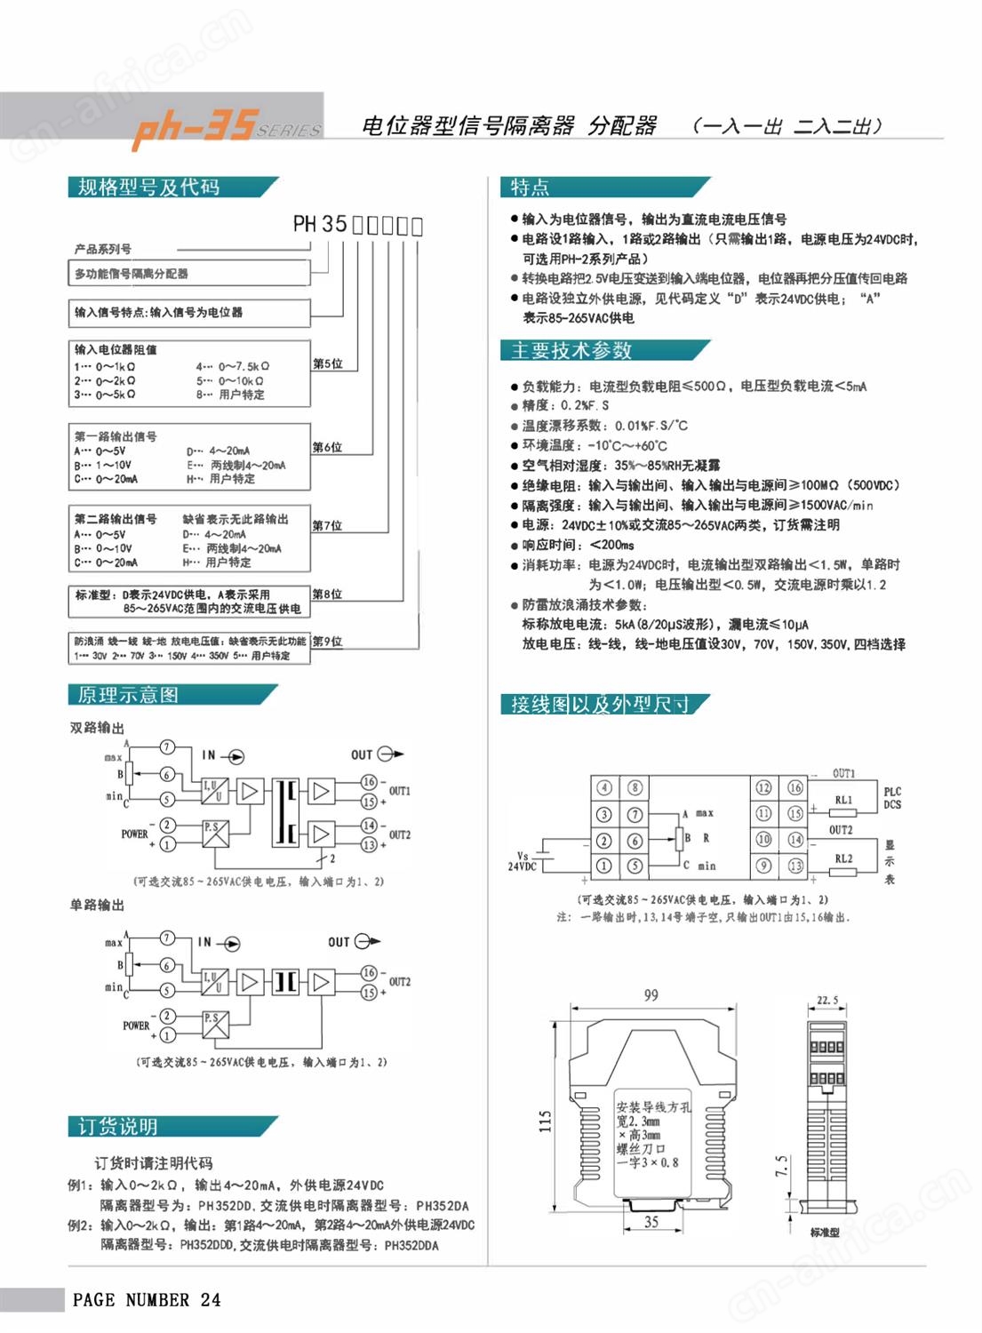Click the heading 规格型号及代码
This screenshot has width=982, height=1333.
(148, 187)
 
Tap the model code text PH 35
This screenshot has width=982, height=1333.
(319, 224)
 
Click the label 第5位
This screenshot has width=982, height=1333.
(327, 363)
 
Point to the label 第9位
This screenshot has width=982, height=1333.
(327, 641)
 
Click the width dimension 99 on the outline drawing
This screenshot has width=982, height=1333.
(651, 995)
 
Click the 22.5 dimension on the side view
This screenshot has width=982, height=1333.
(827, 1000)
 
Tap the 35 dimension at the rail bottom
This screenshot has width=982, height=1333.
(651, 1222)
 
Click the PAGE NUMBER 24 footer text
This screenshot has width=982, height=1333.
(147, 1300)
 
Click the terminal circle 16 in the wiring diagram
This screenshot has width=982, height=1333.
(795, 787)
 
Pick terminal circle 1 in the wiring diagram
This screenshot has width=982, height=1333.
(603, 865)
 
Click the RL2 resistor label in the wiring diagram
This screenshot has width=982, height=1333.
(843, 858)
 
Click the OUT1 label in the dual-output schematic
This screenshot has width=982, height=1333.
(400, 791)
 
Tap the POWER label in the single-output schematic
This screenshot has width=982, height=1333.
(136, 1026)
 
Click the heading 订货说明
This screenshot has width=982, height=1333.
(117, 1127)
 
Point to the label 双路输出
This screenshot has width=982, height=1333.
(97, 728)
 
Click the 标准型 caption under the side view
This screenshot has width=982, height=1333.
(825, 1233)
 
